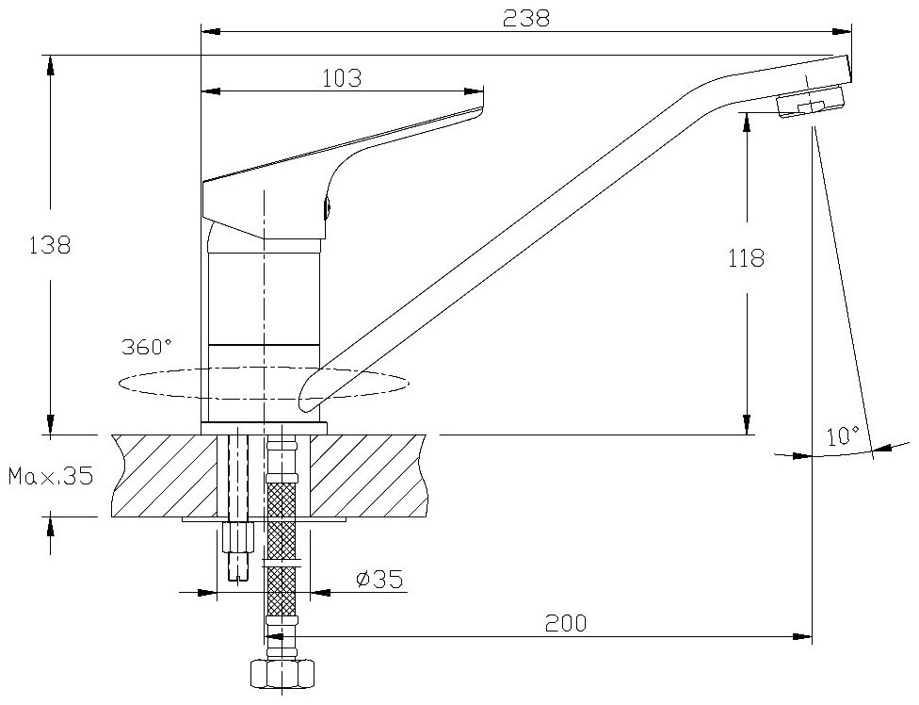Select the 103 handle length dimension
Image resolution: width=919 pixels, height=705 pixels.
342,78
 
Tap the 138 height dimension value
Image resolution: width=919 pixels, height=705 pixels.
50,244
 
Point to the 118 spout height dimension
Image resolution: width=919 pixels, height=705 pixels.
746,258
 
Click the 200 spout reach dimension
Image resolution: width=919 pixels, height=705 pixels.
565,623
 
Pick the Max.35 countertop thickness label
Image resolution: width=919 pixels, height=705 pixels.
51,476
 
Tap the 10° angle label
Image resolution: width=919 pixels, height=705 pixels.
843,435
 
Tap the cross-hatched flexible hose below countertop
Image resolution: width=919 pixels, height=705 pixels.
282,528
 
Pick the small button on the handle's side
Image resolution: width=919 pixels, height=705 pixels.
327,210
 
